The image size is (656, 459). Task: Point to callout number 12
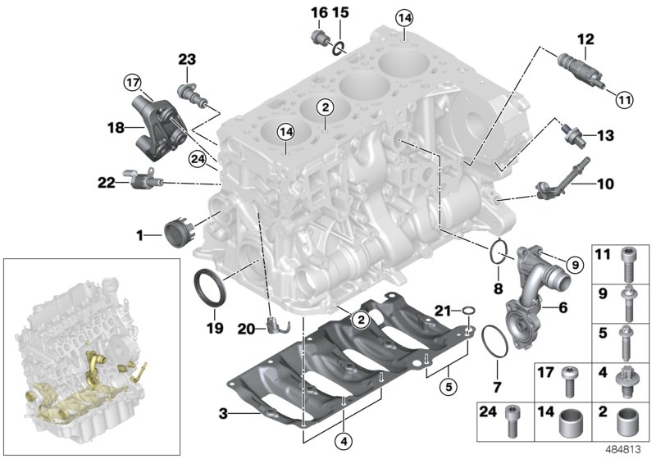point(585,38)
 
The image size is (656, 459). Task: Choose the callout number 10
point(604,184)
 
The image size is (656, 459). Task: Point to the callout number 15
point(341,12)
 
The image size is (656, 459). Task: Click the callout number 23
point(188,59)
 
